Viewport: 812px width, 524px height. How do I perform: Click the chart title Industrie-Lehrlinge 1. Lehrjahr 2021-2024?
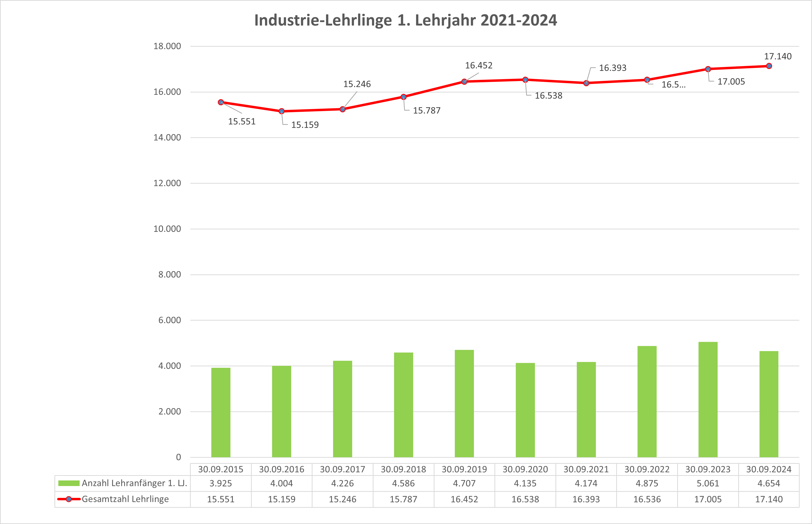tap(406, 20)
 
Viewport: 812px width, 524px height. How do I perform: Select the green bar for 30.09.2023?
tap(708, 400)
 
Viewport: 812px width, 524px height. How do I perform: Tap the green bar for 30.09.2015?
tap(220, 412)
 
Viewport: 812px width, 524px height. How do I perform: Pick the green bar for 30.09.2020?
tap(525, 410)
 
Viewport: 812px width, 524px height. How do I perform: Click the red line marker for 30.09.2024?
tap(769, 66)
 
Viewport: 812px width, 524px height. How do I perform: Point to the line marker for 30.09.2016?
tap(281, 111)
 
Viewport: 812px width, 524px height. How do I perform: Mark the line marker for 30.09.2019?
tap(464, 82)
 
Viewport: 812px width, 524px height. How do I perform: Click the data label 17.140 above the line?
tap(778, 56)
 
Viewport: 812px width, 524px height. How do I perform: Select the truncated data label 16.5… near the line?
tap(673, 85)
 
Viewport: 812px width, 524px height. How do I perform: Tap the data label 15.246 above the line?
tap(357, 84)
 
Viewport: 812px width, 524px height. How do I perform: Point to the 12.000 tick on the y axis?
tap(167, 183)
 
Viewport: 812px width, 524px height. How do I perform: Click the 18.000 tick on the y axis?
tap(167, 46)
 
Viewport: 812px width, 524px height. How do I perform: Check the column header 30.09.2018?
tap(403, 470)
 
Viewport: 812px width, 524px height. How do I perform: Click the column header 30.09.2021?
tap(586, 470)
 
